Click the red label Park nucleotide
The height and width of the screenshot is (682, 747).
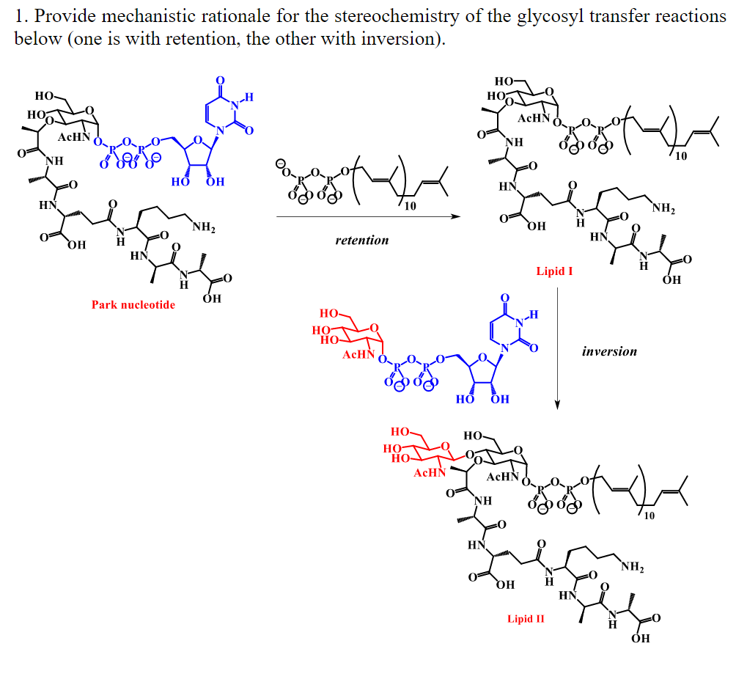tap(133, 305)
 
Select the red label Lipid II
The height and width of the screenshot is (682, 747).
tap(526, 619)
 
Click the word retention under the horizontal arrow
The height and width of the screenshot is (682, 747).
tap(362, 241)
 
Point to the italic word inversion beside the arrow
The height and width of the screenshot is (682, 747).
tap(609, 351)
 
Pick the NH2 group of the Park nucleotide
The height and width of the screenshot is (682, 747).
tap(203, 229)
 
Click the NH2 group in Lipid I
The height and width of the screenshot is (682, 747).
tap(663, 210)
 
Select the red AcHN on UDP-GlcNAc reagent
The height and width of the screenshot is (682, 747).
tap(359, 355)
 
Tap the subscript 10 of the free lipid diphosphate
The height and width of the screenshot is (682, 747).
tap(409, 207)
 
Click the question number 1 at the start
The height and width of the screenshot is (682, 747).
tap(20, 15)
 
